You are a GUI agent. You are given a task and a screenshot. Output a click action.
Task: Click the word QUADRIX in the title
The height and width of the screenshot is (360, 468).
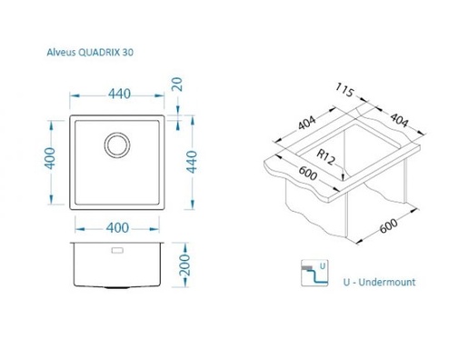pos(99,53)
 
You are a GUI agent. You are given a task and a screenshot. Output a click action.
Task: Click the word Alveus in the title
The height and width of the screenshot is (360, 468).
pos(61,53)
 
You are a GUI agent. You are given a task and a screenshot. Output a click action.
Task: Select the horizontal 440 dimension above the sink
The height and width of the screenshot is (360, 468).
pos(119,94)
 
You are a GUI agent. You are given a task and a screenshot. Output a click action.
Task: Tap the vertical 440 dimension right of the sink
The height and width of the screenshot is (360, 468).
pos(192,162)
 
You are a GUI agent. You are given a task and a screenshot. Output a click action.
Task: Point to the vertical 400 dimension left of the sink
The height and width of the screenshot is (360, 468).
pos(50,158)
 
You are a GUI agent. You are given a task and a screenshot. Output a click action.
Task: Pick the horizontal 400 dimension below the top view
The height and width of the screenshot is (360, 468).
pos(117,228)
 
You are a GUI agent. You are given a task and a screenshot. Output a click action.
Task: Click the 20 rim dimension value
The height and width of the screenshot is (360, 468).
pos(177,85)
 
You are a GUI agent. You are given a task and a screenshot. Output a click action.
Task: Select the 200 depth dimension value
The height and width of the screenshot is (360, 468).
pos(184,265)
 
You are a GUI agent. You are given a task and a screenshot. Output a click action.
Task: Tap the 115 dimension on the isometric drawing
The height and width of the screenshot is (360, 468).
pos(344,90)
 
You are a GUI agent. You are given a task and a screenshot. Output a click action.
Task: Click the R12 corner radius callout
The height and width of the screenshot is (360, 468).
pos(326,157)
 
